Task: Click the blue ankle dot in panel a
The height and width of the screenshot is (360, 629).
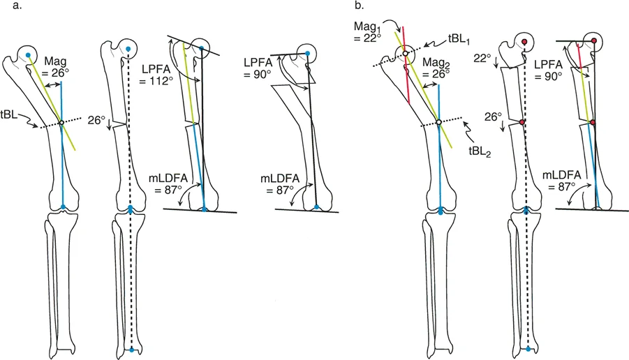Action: [133, 347]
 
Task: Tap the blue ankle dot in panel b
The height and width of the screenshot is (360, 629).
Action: [528, 347]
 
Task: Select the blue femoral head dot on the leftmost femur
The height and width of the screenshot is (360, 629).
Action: [28, 54]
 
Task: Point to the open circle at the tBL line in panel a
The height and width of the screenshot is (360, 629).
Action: [61, 123]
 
